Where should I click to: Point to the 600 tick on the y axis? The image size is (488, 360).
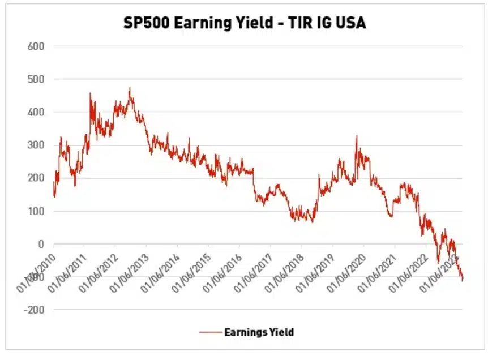(x=36, y=46)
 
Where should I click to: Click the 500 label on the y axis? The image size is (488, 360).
(x=36, y=79)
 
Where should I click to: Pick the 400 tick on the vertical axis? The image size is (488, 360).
(x=36, y=112)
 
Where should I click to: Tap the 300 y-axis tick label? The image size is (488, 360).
(x=36, y=145)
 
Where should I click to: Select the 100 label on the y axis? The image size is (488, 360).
(x=36, y=211)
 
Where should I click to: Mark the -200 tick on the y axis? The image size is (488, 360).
(x=35, y=310)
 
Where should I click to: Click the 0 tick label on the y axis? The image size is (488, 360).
(x=41, y=244)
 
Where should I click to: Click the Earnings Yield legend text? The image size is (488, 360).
(x=259, y=332)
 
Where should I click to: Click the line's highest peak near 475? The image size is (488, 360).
(x=130, y=88)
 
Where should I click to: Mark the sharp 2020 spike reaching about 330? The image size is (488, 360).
(x=357, y=136)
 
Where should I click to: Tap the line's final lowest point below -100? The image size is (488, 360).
(x=462, y=280)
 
